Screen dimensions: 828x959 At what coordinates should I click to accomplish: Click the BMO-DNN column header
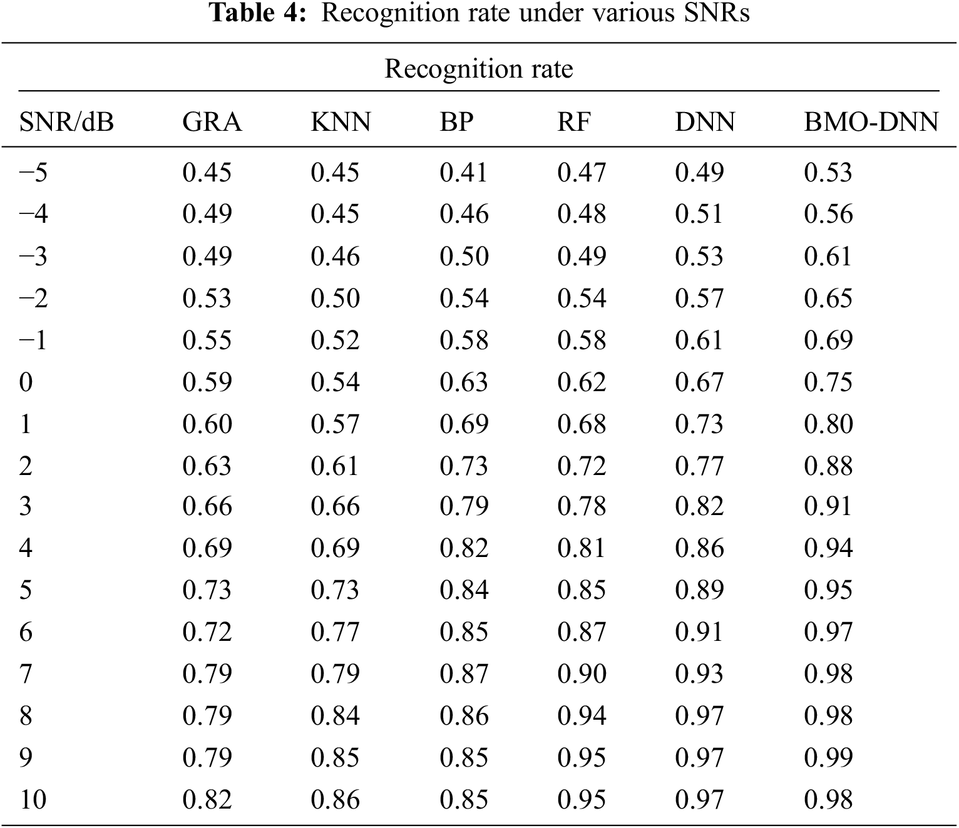click(871, 121)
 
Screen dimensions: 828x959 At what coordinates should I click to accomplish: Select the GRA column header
click(212, 121)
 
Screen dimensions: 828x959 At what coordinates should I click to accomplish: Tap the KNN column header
click(341, 121)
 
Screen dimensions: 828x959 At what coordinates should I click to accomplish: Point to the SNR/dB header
click(66, 121)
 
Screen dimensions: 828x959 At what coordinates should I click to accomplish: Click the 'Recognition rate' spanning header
click(478, 68)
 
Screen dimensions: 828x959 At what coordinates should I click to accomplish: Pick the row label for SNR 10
click(33, 799)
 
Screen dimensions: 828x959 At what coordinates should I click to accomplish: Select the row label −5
click(33, 172)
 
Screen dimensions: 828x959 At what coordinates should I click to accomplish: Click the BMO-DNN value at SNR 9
click(828, 757)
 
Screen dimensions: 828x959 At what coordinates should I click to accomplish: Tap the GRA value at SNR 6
click(207, 631)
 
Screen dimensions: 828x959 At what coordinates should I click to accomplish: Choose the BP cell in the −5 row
click(463, 172)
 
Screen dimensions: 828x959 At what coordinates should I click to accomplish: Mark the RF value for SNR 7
click(581, 673)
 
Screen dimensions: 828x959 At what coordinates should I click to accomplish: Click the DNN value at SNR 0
click(699, 382)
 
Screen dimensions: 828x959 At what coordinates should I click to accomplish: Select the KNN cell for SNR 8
click(335, 715)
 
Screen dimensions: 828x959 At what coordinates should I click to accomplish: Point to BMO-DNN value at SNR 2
click(828, 466)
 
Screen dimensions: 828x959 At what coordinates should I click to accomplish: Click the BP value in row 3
click(463, 506)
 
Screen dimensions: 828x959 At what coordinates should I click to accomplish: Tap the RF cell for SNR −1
click(581, 340)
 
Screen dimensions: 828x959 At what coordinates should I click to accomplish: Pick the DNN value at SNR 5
click(699, 590)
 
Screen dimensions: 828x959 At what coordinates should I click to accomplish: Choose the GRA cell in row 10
click(207, 799)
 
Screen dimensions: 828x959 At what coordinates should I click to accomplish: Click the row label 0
click(26, 382)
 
